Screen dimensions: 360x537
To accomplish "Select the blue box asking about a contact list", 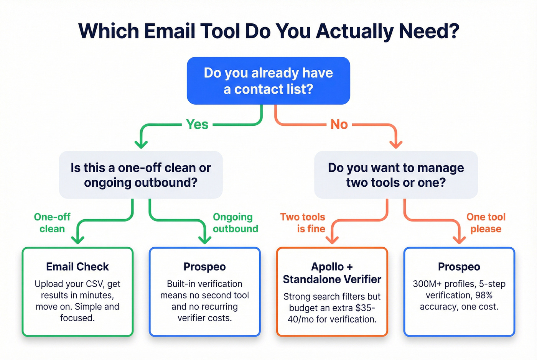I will (x=268, y=81).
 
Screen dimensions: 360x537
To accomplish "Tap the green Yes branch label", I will (x=197, y=124).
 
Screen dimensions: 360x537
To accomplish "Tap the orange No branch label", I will (x=339, y=124).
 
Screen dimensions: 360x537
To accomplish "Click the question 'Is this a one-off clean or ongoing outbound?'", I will (x=141, y=175).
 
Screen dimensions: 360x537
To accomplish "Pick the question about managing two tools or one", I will (x=396, y=175).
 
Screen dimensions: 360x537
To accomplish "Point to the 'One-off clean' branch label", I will (x=52, y=223).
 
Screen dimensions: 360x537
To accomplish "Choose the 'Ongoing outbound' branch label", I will (x=235, y=223).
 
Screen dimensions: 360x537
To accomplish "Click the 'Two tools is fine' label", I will (x=303, y=223).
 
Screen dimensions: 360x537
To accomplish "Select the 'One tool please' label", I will (x=486, y=223).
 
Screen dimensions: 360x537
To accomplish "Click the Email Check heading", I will (x=77, y=266).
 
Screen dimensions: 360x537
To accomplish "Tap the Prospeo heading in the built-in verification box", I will (x=204, y=266).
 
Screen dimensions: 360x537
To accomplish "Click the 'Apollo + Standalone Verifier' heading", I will (x=332, y=273).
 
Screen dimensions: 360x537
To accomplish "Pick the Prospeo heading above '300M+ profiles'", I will (x=459, y=266).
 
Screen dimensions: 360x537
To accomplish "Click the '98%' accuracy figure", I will (x=484, y=295).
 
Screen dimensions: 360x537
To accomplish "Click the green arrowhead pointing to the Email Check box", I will (x=78, y=240).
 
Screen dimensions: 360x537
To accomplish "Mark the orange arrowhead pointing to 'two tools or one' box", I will (x=396, y=145).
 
